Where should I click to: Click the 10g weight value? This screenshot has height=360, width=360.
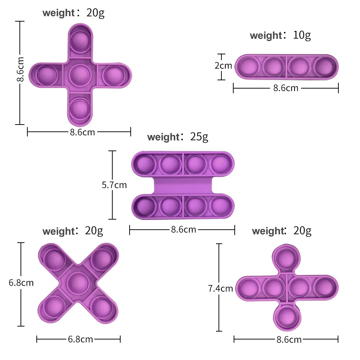(302, 35)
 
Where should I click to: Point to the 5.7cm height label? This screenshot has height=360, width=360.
(114, 185)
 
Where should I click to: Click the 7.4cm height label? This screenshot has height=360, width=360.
(220, 288)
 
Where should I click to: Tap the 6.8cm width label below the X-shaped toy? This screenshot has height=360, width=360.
(81, 339)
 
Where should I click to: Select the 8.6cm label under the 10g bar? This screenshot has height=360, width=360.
(286, 88)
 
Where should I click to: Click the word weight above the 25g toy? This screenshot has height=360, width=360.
(163, 137)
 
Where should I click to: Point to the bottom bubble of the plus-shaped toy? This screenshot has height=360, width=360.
(80, 107)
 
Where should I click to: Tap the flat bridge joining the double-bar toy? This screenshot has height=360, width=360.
(183, 186)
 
